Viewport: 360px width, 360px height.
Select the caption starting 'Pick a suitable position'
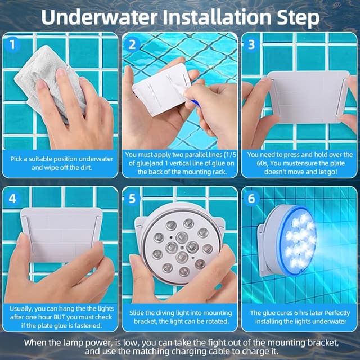(x=61, y=163)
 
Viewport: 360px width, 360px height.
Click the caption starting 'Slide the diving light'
(x=180, y=317)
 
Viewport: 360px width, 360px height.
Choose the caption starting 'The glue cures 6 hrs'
(x=299, y=317)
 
